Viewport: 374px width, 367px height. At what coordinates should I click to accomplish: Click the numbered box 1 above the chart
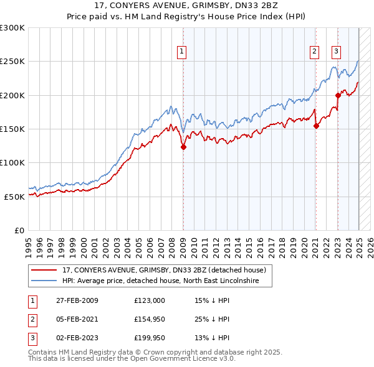click(182, 52)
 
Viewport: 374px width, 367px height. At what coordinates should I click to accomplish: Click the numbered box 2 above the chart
click(314, 52)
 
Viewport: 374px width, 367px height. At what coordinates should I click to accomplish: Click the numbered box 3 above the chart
click(337, 52)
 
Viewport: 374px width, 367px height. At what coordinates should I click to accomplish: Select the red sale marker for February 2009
click(183, 147)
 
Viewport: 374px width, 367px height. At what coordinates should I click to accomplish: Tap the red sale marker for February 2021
click(316, 126)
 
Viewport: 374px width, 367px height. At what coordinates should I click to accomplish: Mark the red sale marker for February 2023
click(338, 95)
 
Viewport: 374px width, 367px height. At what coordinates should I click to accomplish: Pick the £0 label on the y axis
click(19, 230)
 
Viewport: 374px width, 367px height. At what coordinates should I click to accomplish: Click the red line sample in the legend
click(44, 270)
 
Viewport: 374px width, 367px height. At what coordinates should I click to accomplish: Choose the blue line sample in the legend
click(44, 281)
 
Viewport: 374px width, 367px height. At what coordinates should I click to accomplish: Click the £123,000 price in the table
click(150, 300)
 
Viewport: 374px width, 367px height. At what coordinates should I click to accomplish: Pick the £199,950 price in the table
click(150, 338)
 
